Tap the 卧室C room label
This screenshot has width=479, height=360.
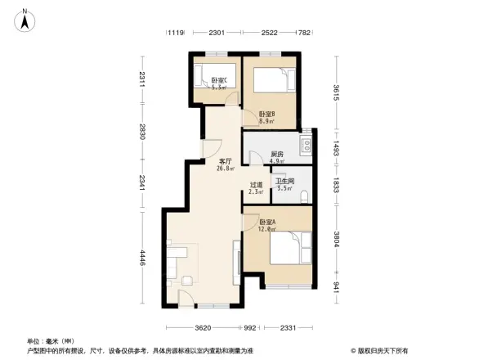point(218,80)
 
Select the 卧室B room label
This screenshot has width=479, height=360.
point(266,117)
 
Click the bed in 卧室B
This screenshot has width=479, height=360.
point(270,80)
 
